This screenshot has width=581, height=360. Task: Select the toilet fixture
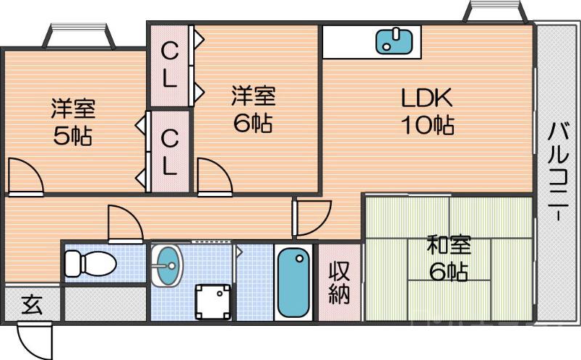(90, 263)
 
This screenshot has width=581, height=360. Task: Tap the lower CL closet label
(168, 152)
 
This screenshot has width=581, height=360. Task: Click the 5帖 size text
(71, 136)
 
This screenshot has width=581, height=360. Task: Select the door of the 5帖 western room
(25, 178)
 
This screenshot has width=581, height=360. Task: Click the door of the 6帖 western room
(212, 178)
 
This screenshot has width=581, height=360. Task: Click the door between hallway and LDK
(310, 218)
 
